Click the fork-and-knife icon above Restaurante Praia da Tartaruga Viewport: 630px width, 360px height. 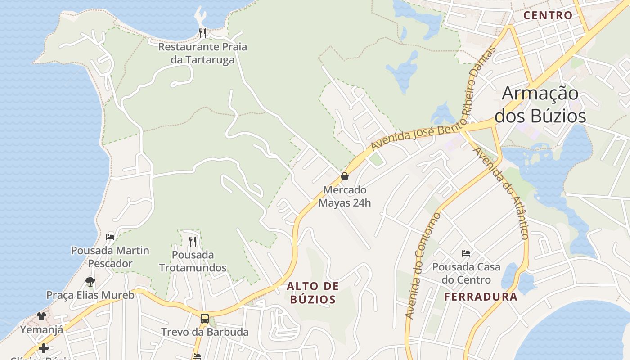202,33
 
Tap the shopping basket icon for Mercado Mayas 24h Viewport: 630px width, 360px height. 345,176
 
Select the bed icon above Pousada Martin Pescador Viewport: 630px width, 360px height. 110,237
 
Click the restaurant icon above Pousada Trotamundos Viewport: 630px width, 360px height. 193,242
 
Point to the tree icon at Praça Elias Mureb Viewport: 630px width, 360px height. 90,282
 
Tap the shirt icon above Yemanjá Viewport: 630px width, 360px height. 41,316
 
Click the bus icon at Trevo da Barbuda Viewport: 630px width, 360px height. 205,319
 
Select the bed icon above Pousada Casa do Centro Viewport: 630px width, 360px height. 466,253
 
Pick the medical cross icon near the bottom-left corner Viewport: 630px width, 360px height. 43,348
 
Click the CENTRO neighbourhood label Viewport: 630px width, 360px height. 548,15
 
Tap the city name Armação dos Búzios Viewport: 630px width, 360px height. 540,104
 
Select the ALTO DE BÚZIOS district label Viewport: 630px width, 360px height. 313,292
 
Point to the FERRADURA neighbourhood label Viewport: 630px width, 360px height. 481,297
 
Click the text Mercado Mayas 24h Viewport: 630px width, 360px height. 345,196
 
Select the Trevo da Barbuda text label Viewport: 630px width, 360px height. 205,332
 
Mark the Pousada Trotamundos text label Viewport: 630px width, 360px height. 193,261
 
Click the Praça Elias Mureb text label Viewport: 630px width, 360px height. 90,295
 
